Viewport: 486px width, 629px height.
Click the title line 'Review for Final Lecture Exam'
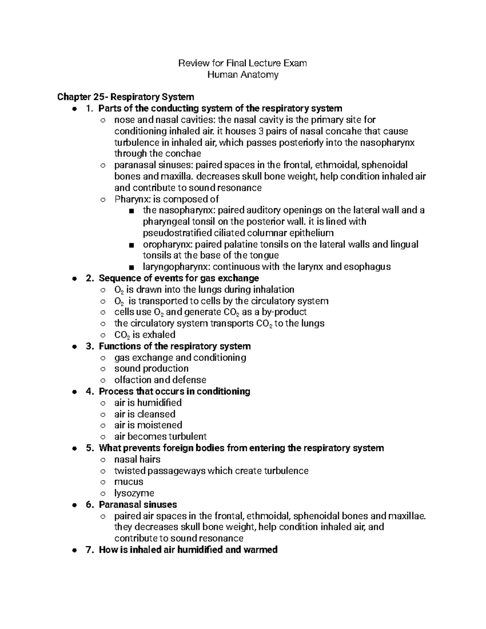point(243,63)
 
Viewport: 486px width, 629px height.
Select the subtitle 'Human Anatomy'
point(243,75)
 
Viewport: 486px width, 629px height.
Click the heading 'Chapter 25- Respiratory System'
point(126,97)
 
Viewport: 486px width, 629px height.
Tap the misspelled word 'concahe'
point(345,131)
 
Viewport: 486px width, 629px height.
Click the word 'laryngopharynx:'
point(176,267)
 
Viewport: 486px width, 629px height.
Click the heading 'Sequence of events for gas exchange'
point(179,278)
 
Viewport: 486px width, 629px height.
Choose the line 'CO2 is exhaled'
point(145,335)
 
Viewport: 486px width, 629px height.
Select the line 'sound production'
point(151,369)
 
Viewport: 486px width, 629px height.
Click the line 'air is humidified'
point(148,403)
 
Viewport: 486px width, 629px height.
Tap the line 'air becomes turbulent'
point(160,437)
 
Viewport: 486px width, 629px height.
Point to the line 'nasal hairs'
point(137,459)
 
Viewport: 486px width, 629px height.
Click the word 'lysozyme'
point(134,493)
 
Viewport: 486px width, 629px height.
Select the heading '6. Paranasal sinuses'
point(132,505)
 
